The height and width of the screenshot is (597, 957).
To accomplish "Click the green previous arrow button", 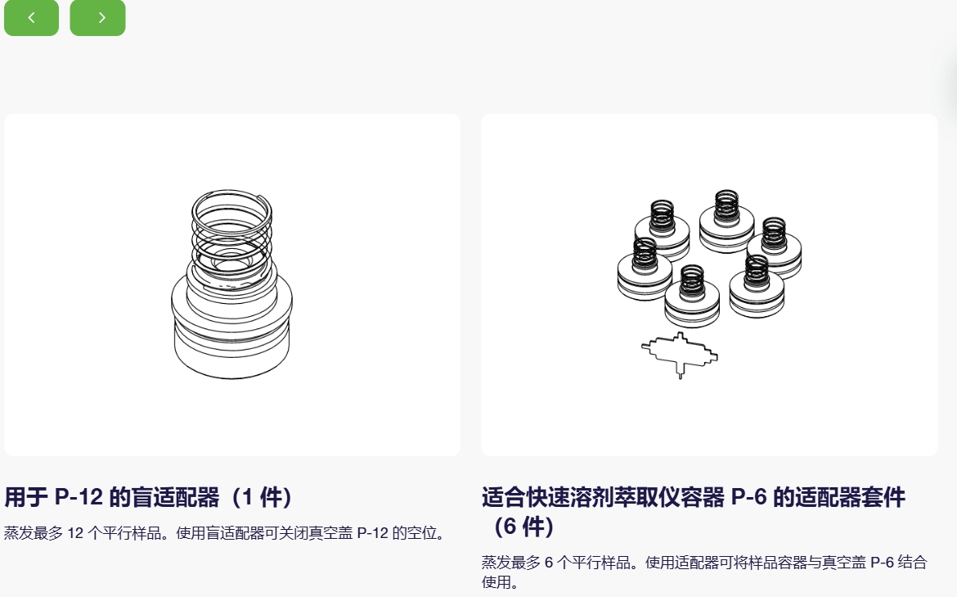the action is tap(31, 17).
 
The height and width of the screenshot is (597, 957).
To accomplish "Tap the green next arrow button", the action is tap(97, 17).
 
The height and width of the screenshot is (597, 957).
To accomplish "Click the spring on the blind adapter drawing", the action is tap(232, 235).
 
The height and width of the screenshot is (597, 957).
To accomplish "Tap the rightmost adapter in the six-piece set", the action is tap(774, 248).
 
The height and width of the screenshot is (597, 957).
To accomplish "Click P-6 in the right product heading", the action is tap(748, 497).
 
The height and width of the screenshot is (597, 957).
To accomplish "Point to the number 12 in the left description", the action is tap(75, 533).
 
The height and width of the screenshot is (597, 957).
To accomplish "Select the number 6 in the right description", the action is tap(548, 562).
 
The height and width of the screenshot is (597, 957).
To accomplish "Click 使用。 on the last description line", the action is tap(500, 582).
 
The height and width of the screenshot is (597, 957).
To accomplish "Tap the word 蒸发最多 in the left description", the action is tap(34, 533).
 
